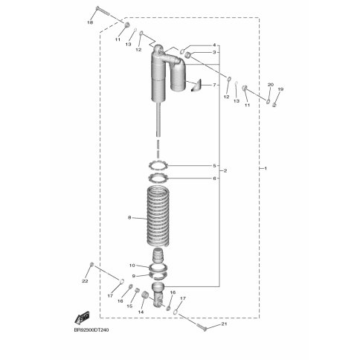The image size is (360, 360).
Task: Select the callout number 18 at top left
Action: click(x=90, y=22)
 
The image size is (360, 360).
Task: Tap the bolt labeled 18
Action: click(x=102, y=10)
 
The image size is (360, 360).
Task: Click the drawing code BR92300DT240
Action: click(x=91, y=330)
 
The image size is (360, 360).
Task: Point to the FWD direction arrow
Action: click(x=82, y=318)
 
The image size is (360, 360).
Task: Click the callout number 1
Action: click(x=266, y=168)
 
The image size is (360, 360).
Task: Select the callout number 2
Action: click(x=225, y=171)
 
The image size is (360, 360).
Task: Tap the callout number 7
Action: click(x=214, y=85)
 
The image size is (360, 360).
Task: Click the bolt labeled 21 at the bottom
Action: click(x=202, y=327)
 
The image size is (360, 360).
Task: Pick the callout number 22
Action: click(x=85, y=281)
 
